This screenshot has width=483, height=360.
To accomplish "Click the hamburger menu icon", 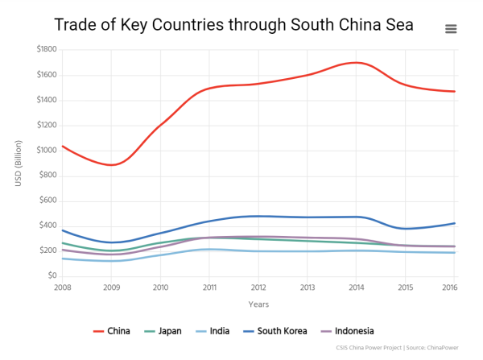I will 451,29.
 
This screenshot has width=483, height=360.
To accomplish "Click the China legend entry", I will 112,331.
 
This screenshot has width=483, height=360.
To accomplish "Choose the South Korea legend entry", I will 277,331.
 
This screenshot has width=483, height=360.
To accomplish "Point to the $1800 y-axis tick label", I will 45,50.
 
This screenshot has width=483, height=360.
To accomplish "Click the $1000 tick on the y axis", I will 45,151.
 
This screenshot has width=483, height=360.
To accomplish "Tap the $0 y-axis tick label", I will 52,276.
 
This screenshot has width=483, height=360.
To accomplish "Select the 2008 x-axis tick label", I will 62,287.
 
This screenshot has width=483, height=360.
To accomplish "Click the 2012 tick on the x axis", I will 258,287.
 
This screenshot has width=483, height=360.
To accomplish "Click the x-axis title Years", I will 258,304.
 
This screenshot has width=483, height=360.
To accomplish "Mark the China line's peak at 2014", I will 357,63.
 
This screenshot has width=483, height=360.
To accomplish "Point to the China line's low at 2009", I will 112,165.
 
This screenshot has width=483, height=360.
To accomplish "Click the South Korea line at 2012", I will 258,216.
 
